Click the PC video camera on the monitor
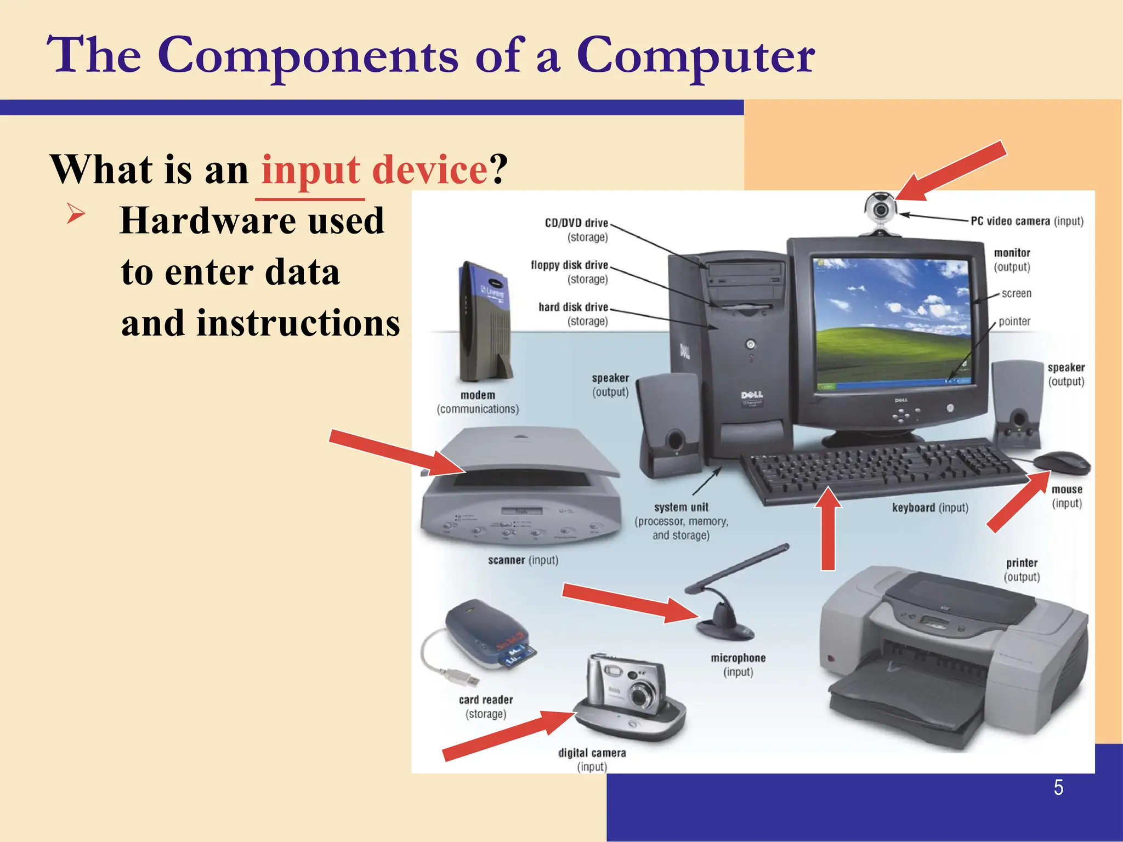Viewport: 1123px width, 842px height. point(880,210)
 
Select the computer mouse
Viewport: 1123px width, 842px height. point(1062,463)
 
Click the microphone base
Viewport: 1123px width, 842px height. point(725,626)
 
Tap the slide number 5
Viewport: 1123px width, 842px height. point(1058,788)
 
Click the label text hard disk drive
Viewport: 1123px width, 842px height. point(573,307)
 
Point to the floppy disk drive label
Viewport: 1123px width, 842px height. point(569,265)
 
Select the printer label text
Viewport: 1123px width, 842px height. point(1022,563)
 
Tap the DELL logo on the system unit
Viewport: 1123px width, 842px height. point(752,395)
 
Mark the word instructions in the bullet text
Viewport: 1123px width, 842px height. point(298,323)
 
